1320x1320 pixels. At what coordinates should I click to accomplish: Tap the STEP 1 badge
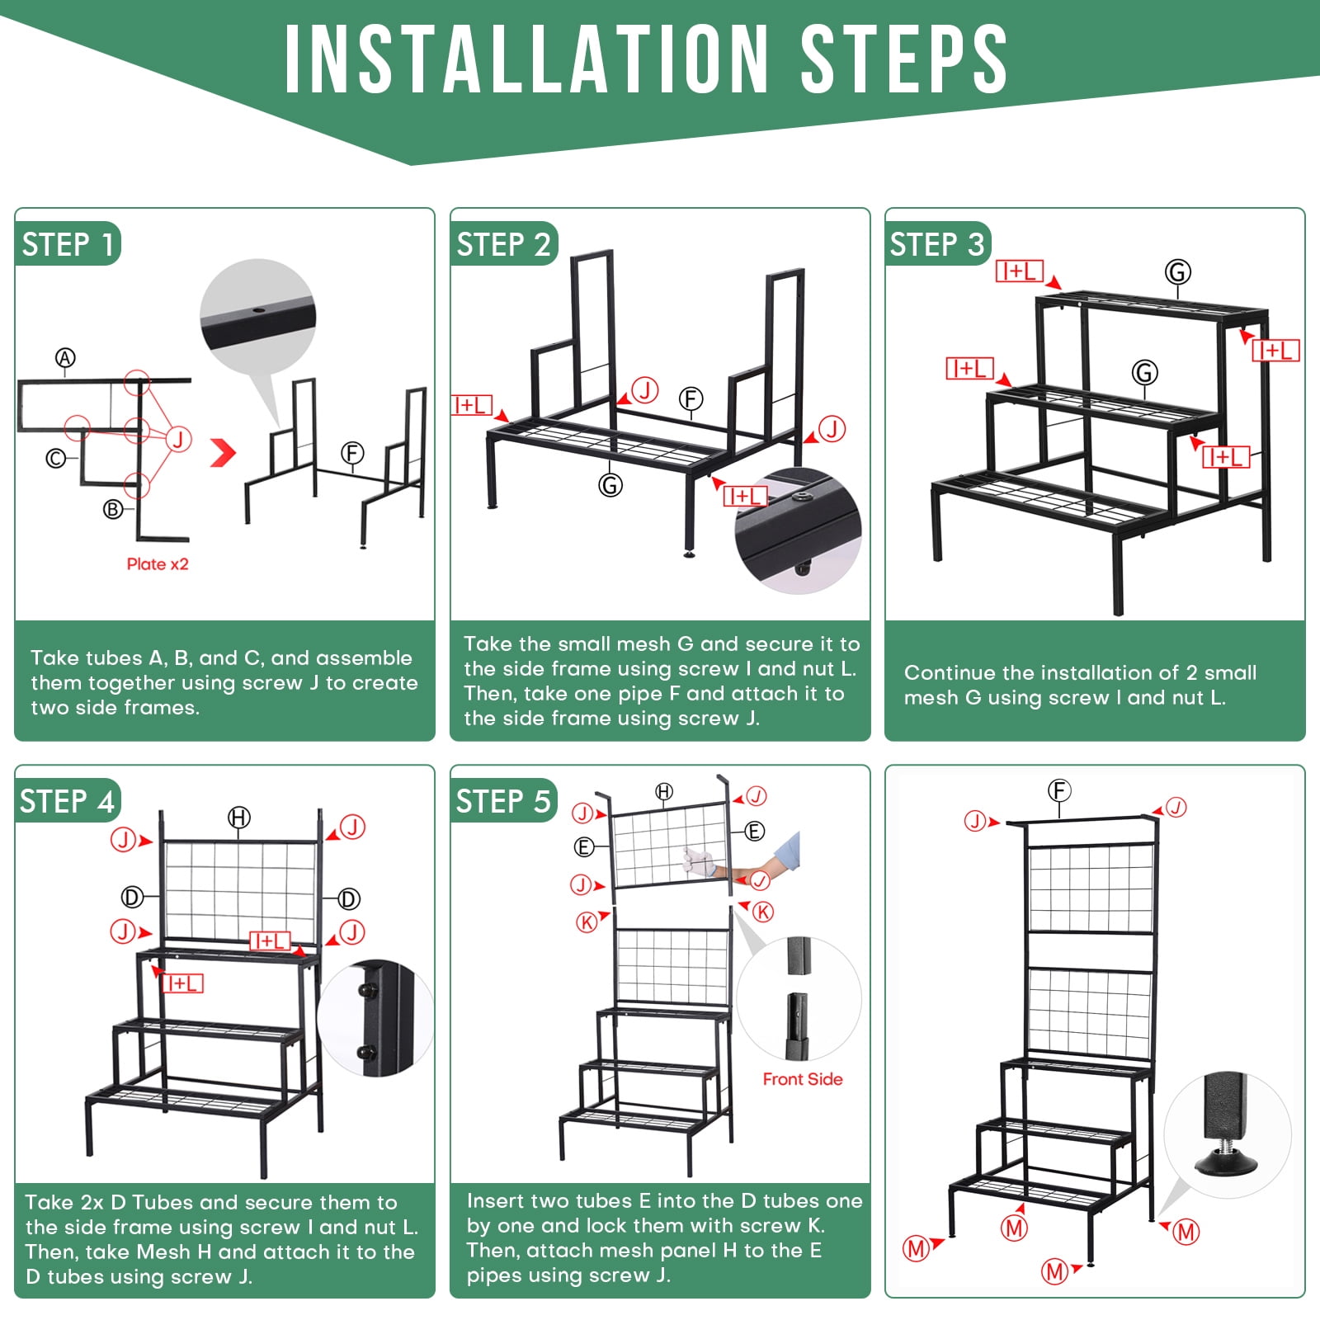[x=68, y=244]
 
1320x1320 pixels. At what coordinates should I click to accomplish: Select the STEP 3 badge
[x=937, y=244]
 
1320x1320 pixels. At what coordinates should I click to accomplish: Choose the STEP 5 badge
[x=503, y=801]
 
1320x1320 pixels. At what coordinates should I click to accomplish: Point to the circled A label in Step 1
[x=65, y=358]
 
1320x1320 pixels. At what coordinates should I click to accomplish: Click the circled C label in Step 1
[x=55, y=458]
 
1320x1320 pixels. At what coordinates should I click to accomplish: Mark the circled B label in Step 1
[x=113, y=510]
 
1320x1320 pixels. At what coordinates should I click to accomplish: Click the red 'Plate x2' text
[x=158, y=564]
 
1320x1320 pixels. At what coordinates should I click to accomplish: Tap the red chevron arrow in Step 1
[x=224, y=452]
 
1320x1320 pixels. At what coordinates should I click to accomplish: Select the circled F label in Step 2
[x=691, y=399]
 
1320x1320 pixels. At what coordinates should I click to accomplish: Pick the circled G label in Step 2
[x=610, y=485]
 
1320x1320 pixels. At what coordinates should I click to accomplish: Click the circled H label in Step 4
[x=239, y=818]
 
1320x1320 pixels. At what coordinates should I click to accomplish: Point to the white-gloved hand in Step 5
[x=698, y=860]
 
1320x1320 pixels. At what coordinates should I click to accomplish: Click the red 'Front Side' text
[x=803, y=1079]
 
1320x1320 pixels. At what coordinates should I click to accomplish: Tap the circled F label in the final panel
[x=1059, y=790]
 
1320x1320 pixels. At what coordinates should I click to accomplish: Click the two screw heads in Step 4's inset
[x=367, y=1020]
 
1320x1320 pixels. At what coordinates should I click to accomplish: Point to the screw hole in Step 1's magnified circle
[x=257, y=311]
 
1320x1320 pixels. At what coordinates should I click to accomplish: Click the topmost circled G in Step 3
[x=1177, y=271]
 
